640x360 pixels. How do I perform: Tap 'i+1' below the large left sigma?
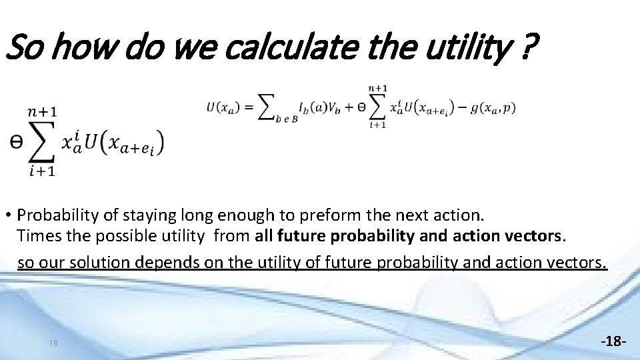tap(41, 171)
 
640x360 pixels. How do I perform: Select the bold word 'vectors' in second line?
tap(533, 235)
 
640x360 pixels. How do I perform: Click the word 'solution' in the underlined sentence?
tap(97, 262)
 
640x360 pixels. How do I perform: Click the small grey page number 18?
tap(53, 343)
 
